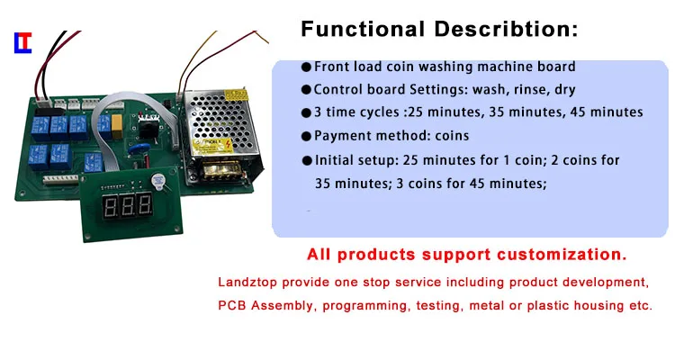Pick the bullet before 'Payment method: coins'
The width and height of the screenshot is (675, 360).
(306, 137)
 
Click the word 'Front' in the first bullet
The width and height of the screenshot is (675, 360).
(331, 67)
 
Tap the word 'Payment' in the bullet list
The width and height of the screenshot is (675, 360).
(340, 137)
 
